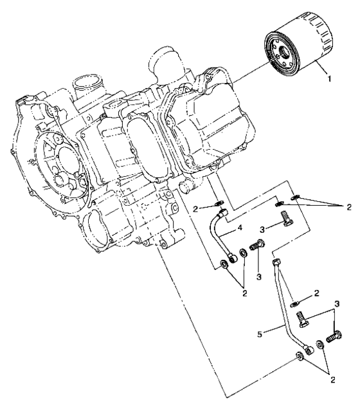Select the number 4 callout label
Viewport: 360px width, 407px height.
pos(239,227)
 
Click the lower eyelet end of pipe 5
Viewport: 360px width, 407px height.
pos(310,349)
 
